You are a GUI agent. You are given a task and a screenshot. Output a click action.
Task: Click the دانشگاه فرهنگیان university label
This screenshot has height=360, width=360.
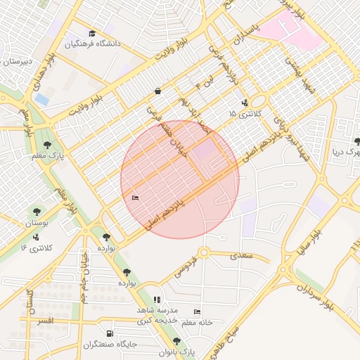coord(94,44)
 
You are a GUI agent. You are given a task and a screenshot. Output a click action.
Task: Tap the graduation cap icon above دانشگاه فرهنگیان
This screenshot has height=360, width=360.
coord(91,33)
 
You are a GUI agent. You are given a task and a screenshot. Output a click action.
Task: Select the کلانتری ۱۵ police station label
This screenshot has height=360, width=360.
coord(247,113)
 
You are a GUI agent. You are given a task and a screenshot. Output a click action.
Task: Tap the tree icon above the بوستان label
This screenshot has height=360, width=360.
coord(37,211)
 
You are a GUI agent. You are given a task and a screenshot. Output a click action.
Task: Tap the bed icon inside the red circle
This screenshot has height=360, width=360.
coord(136,198)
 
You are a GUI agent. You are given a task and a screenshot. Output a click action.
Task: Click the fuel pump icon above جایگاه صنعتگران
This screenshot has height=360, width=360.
coord(108,333)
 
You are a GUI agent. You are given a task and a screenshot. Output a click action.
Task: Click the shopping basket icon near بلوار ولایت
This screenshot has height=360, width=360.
coord(157,91)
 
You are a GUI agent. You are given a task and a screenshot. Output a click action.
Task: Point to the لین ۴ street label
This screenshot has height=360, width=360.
coord(203,86)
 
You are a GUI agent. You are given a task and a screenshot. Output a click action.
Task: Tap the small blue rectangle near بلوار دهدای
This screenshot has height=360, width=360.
coord(41,100)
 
